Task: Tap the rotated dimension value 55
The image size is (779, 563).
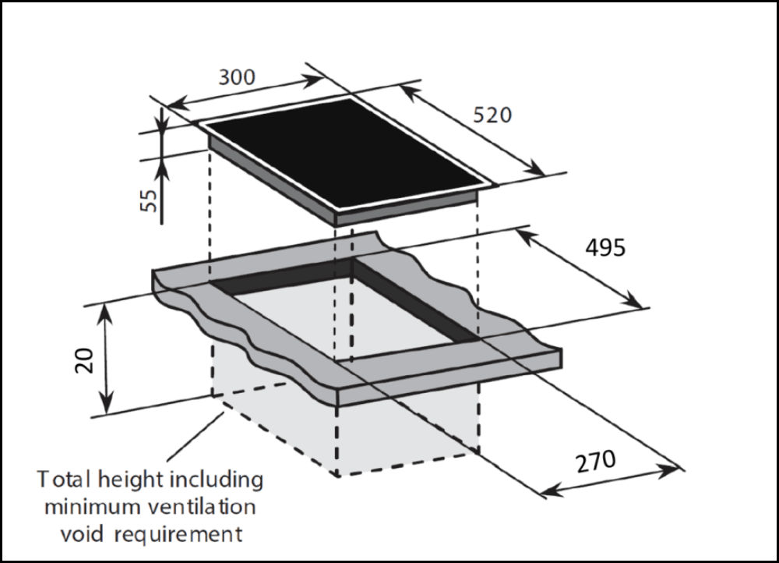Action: click(150, 200)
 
